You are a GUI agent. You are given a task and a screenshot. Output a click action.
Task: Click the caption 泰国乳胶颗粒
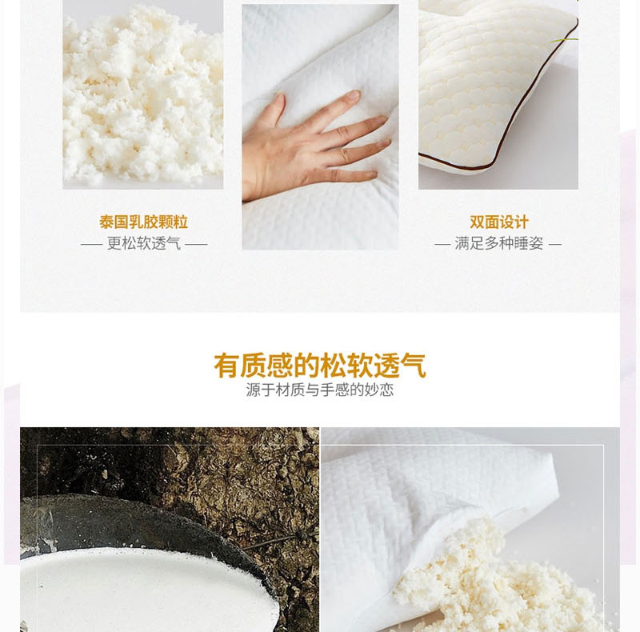point(144,222)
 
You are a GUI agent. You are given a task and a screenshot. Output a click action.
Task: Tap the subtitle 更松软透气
point(144,244)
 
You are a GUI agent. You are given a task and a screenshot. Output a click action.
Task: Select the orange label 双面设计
point(498,222)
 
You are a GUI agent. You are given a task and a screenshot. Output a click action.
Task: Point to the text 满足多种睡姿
point(498,244)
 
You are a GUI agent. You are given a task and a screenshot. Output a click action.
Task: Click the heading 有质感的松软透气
point(320,366)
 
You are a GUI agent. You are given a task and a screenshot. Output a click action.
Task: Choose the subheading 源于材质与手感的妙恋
point(320,390)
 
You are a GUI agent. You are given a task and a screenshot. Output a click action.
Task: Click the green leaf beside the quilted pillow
point(566,40)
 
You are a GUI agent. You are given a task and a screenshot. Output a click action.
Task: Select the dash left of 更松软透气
point(91,245)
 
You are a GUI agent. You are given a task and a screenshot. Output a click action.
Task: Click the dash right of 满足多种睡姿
point(555,245)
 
